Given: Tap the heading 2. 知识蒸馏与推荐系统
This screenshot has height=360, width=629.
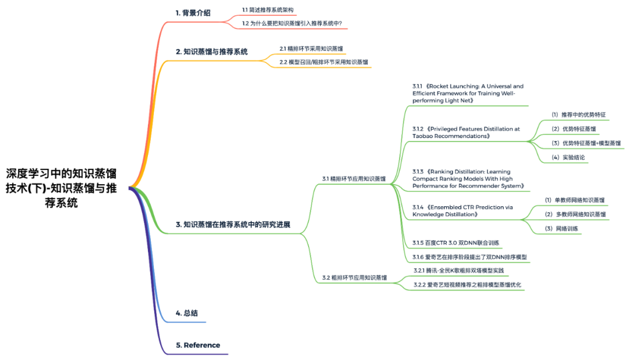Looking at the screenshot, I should pos(211,51).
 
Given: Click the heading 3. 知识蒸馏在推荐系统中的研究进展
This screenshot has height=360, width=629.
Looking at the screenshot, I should pos(233,224).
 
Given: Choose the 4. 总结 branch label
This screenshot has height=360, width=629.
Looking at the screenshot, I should pos(187,313).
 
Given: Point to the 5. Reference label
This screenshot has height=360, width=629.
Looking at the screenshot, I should pos(198,345).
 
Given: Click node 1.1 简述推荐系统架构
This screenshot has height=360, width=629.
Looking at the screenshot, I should pos(268,10).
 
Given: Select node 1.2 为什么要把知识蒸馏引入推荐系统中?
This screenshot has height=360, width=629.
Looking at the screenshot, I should pos(292,23).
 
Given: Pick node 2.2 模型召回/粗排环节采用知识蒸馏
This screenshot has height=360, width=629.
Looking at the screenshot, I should pos(324,62).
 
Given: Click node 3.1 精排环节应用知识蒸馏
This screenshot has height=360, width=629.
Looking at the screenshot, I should pos(354,179).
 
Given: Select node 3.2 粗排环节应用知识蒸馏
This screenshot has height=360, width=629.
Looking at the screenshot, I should pos(354,277).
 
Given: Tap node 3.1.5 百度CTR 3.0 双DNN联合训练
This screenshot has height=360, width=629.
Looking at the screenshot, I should pos(455,242).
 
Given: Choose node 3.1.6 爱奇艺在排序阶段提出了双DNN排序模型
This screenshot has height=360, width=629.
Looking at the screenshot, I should pos(469,257).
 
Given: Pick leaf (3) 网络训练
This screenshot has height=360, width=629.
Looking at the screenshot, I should pos(561,228).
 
